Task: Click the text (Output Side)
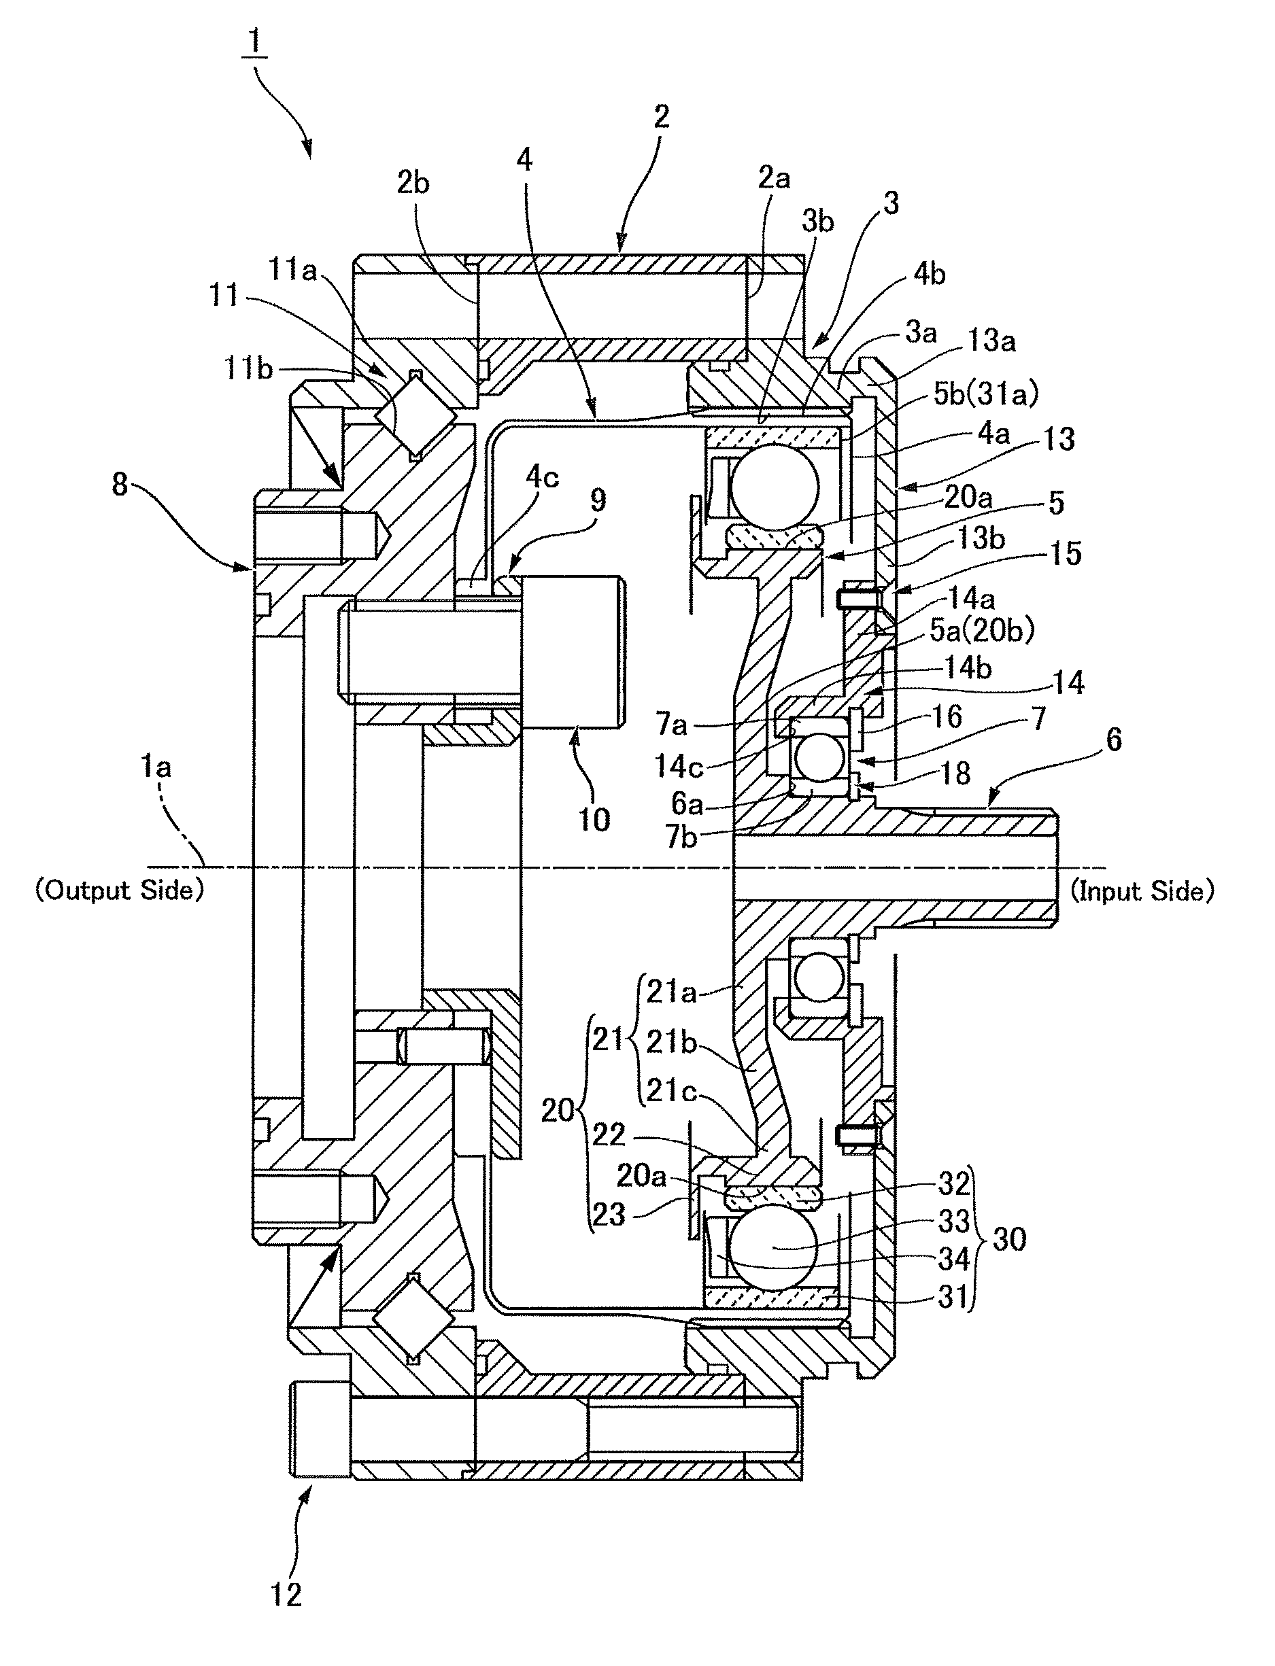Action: coord(120,890)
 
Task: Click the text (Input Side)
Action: coord(1142,890)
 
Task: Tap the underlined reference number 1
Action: coord(254,44)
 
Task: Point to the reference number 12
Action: coord(286,1595)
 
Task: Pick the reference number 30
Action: coord(1009,1239)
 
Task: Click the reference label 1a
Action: coord(156,768)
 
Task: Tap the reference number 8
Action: coord(120,484)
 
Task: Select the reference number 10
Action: coord(594,819)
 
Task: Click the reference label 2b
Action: coord(413,183)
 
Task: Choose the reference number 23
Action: coord(609,1215)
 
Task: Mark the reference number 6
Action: coord(1113,739)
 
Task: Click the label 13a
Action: coord(991,341)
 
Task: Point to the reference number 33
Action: coord(954,1221)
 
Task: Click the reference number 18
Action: coord(955,773)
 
